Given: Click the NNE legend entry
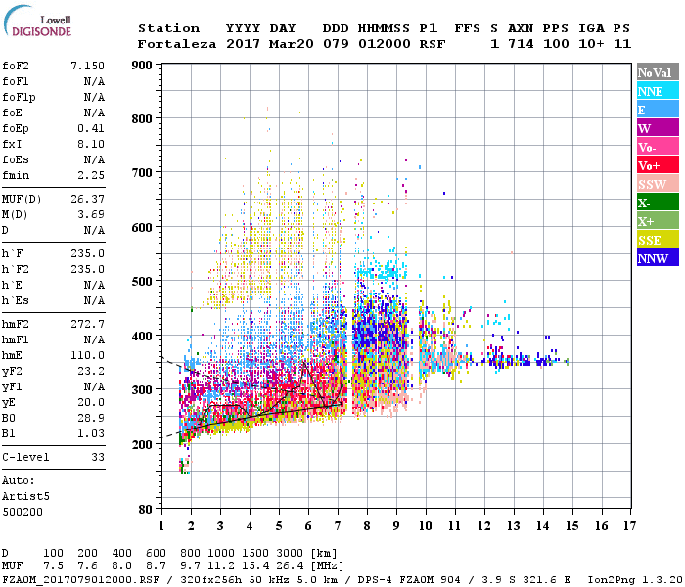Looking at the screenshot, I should pos(657,91).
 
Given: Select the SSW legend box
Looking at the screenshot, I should pos(657,184).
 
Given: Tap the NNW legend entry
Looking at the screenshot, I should pos(657,258).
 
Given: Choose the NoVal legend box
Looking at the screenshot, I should pos(657,72).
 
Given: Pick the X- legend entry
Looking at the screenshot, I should pos(657,203).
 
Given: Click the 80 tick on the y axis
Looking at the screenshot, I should pos(143,509).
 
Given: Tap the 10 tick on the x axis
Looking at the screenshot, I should pos(426,526).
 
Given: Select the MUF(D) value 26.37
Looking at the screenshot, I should pos(87,200).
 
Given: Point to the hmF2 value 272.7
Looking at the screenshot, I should pos(87,323).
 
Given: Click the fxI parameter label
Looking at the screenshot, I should pos(12,142).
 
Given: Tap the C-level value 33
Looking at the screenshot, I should pos(98,457).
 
